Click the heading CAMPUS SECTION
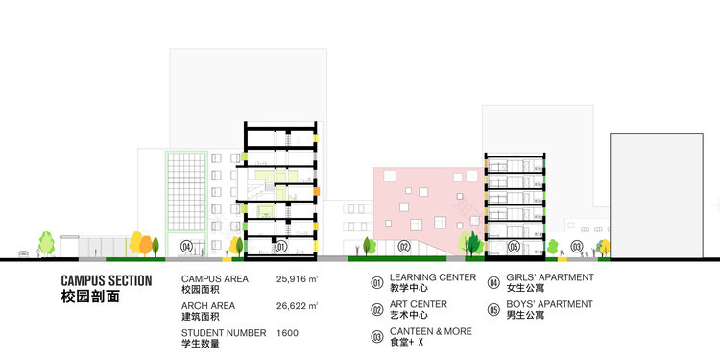coord(106,280)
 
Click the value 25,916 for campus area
coord(293,279)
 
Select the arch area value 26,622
coord(293,307)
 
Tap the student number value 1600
coord(287,334)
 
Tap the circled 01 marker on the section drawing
coord(281,247)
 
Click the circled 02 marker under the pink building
coord(404,247)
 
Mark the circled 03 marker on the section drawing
coord(576,247)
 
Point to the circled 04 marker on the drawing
coord(186,247)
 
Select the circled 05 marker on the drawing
coord(514,247)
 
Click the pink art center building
coord(413,202)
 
